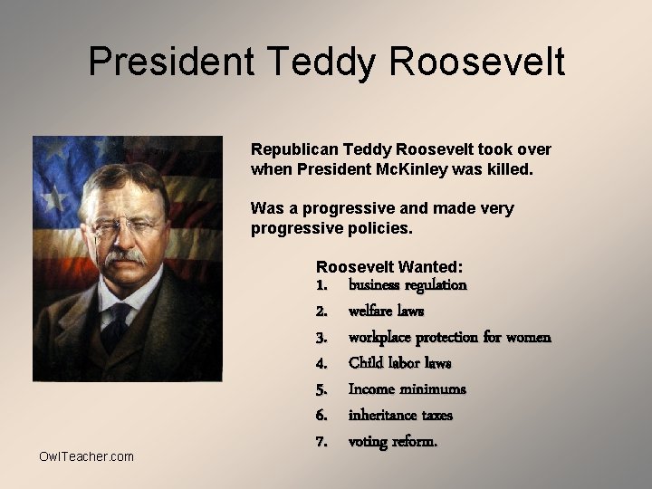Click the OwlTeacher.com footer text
(x=86, y=456)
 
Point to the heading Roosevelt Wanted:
(x=389, y=267)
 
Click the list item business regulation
(x=407, y=285)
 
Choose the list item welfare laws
(x=386, y=312)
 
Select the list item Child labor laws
(x=399, y=363)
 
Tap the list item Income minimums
(x=407, y=389)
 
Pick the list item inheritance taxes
(x=400, y=416)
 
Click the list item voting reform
(x=393, y=442)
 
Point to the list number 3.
(x=321, y=338)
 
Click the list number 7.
(x=321, y=442)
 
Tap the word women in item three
(x=528, y=338)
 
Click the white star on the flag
(x=56, y=197)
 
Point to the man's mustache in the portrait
(x=125, y=256)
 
